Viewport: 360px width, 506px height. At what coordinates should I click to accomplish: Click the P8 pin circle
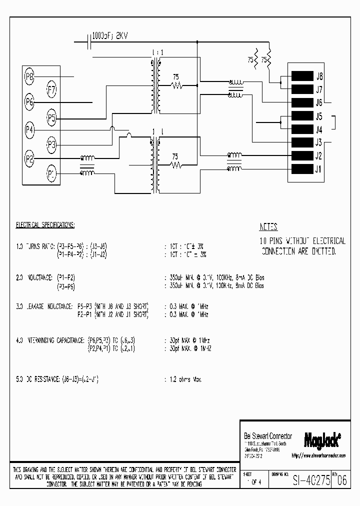tap(29, 76)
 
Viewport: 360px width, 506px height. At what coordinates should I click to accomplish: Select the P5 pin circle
tap(52, 118)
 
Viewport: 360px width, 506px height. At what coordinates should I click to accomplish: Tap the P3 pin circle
tap(52, 145)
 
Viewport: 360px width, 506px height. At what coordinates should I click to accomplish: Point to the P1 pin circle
tap(52, 173)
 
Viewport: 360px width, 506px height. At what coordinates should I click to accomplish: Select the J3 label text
tap(319, 142)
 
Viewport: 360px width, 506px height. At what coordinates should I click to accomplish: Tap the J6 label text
tap(319, 103)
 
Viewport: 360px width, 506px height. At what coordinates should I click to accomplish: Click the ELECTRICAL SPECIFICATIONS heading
tap(45, 225)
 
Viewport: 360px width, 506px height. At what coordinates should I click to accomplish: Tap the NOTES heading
tap(268, 226)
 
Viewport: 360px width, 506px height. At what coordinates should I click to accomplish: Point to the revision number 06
tap(341, 479)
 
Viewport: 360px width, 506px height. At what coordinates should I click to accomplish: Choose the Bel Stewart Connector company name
tap(267, 436)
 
